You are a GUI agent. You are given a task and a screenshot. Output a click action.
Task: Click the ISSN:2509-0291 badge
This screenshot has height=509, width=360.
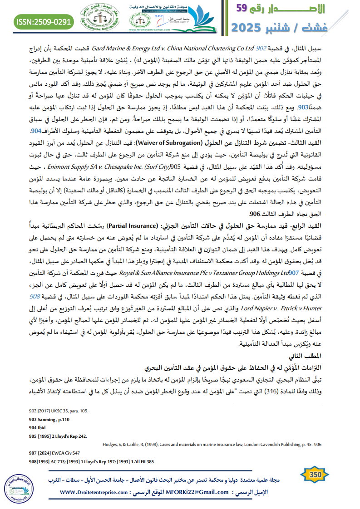(44, 21)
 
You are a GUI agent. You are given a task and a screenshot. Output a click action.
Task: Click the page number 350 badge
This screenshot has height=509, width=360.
(316, 475)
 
